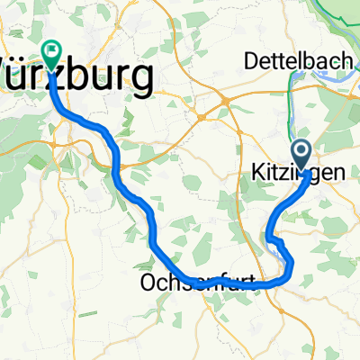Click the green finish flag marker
51,54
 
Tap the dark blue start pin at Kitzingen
301,154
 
